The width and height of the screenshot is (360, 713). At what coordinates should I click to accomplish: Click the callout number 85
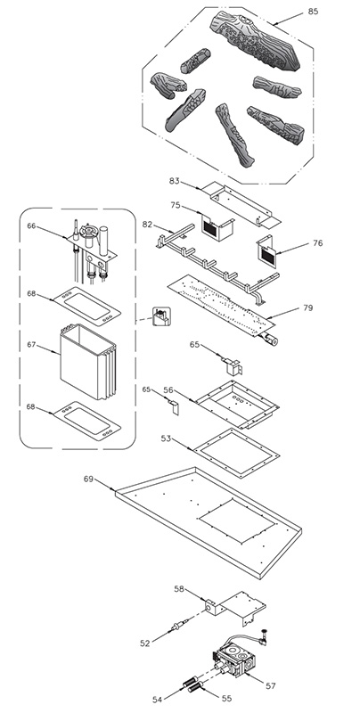[313, 12]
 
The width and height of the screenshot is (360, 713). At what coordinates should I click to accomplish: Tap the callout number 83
[174, 181]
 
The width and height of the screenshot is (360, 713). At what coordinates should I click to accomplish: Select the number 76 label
[318, 243]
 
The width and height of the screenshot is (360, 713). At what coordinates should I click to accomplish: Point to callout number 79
[307, 307]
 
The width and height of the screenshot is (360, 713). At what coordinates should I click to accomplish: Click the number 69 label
[88, 479]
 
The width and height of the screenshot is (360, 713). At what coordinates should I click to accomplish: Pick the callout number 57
[271, 686]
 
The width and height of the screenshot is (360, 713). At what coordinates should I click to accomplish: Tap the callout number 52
[145, 643]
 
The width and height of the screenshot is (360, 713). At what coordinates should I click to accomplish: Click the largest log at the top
[255, 41]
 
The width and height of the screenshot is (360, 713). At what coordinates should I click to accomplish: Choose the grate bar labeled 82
[217, 262]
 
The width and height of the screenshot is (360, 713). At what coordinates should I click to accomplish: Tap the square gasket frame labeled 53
[236, 453]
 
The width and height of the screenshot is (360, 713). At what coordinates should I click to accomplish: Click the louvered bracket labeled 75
[217, 227]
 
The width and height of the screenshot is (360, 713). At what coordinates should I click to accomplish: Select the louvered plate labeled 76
[266, 250]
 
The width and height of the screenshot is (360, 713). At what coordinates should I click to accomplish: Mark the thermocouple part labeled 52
[179, 625]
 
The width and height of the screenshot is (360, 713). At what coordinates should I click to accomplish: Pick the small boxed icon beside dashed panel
[161, 316]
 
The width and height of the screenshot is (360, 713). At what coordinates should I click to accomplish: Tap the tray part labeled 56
[237, 404]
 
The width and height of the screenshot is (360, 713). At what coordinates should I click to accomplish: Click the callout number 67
[31, 345]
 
